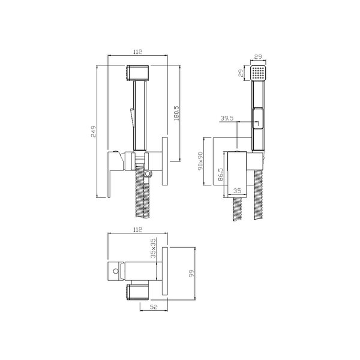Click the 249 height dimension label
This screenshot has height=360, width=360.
94,131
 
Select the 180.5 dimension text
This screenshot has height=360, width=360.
176,113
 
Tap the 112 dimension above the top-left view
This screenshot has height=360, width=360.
137,52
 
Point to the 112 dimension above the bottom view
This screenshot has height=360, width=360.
137,230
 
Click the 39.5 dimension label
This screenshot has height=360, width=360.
227,118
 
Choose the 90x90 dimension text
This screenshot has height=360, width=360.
200,161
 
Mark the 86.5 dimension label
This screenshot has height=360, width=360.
220,175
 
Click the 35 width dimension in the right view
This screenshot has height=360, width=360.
237,191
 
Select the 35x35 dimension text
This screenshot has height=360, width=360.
153,248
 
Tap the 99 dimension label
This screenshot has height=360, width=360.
191,274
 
